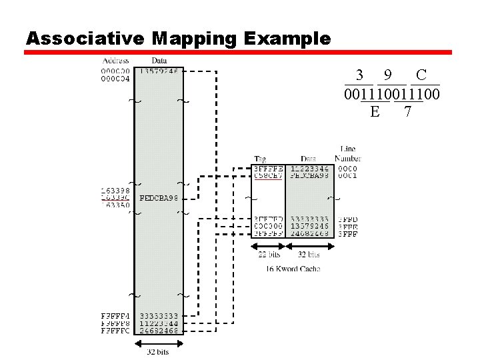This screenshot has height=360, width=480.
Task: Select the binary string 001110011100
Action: pyautogui.click(x=391, y=94)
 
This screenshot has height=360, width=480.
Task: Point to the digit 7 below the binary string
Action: pyautogui.click(x=407, y=111)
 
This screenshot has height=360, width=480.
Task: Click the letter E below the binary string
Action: pyautogui.click(x=375, y=111)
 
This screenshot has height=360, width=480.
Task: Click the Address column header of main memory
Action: pyautogui.click(x=116, y=61)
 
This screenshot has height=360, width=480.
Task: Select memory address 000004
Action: pyautogui.click(x=115, y=78)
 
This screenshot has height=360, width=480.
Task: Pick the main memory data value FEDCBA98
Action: pyautogui.click(x=159, y=198)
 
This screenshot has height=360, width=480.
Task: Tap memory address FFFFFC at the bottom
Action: pyautogui.click(x=115, y=330)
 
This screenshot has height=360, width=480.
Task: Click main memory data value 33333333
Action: pyautogui.click(x=159, y=315)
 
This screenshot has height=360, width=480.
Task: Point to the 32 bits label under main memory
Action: pyautogui.click(x=158, y=352)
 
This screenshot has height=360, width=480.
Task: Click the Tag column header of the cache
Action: pyautogui.click(x=260, y=159)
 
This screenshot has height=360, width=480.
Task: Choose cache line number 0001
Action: pyautogui.click(x=347, y=176)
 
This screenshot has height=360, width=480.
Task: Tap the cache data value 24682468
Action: pyautogui.click(x=309, y=234)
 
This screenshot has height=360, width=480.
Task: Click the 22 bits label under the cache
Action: pyautogui.click(x=269, y=254)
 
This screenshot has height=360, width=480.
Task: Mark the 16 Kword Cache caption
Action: pyautogui.click(x=293, y=269)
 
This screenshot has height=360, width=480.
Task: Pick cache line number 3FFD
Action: pyautogui.click(x=348, y=219)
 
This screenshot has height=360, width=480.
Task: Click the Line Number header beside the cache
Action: pyautogui.click(x=347, y=154)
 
